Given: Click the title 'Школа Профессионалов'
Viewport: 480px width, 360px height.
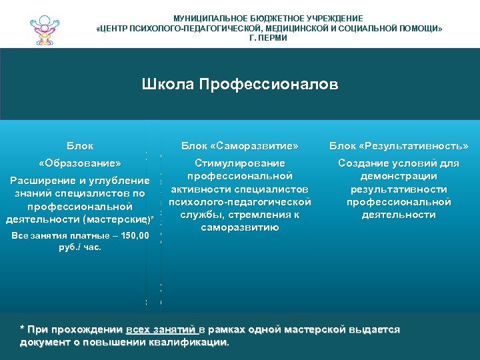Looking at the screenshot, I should click(x=240, y=85).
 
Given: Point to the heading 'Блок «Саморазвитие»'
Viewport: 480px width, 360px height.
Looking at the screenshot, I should click(x=240, y=145).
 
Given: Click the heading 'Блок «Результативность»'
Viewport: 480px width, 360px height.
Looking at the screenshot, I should click(x=399, y=145).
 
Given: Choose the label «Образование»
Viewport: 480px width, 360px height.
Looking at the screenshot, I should click(x=80, y=163).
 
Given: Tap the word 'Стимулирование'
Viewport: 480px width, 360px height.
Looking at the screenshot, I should click(x=240, y=163).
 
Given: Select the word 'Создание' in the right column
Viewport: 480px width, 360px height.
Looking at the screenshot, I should click(x=364, y=163).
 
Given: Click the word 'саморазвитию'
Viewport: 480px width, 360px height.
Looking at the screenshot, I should click(x=240, y=227).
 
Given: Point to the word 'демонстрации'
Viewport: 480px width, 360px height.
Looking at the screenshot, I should click(x=399, y=176).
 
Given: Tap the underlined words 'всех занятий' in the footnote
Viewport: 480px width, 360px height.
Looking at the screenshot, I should click(x=161, y=330).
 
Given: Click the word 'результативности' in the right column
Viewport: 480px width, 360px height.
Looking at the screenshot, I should click(x=399, y=189).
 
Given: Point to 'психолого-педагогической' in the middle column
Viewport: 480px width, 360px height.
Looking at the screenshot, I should click(x=240, y=202).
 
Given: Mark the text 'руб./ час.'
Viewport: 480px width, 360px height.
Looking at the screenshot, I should click(x=80, y=247).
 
